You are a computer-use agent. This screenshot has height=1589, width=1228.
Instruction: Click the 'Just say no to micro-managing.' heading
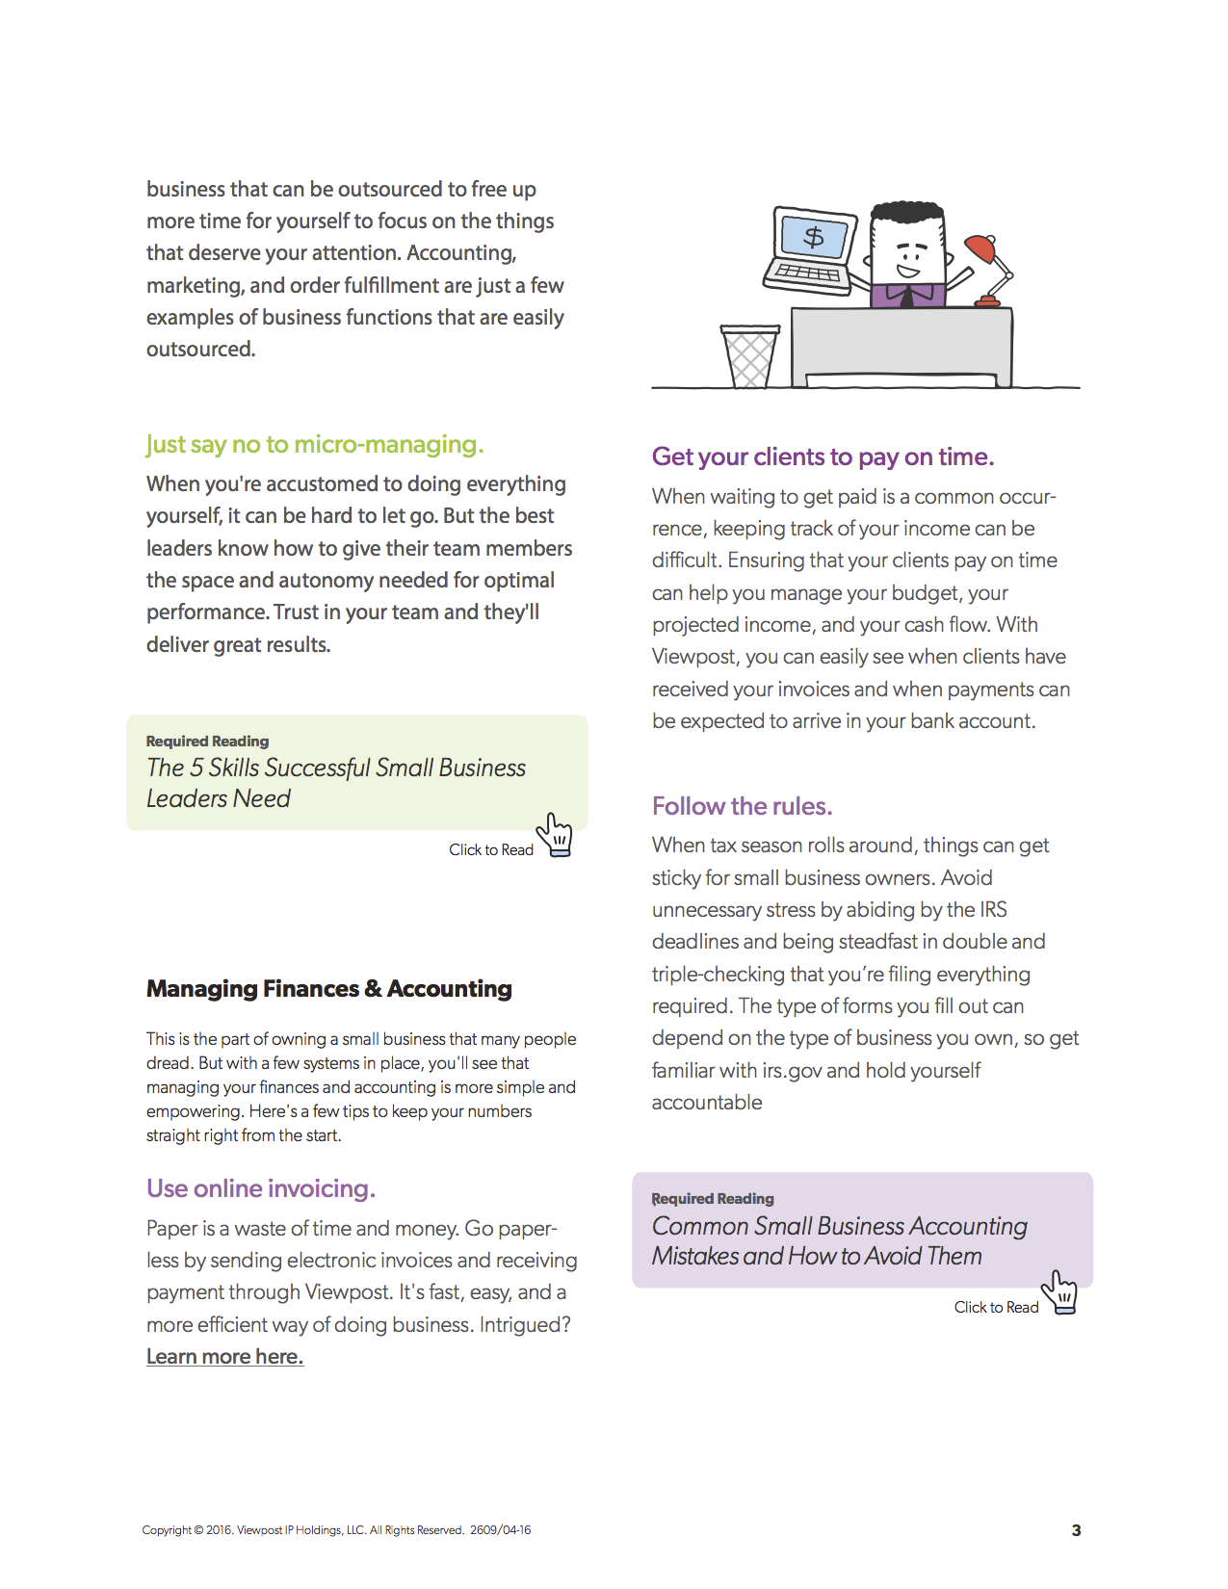[315, 445]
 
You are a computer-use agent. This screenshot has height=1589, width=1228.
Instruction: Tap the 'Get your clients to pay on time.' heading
[823, 456]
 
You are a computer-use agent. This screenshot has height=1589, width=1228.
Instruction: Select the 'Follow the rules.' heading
[742, 806]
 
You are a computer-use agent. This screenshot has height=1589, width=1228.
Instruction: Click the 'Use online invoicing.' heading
[260, 1188]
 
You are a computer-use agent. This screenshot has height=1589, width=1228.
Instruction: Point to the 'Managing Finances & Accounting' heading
[328, 989]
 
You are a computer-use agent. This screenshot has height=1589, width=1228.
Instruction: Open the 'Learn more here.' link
[224, 1357]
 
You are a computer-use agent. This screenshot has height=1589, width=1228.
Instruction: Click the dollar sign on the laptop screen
[814, 237]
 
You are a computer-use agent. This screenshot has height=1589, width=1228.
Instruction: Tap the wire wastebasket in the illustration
[749, 356]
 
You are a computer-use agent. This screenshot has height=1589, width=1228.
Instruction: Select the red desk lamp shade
[980, 248]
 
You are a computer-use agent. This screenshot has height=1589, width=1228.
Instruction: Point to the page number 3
[1076, 1530]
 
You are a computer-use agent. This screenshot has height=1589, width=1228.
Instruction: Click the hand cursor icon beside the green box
[556, 834]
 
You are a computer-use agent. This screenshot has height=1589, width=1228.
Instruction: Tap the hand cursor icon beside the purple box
[1060, 1291]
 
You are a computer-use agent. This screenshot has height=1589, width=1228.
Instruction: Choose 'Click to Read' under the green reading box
[490, 849]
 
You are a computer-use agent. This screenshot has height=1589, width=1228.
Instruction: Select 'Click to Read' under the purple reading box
[996, 1307]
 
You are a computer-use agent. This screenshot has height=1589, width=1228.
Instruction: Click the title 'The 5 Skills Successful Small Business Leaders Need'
[335, 783]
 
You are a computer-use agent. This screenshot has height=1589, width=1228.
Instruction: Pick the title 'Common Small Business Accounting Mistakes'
[839, 1240]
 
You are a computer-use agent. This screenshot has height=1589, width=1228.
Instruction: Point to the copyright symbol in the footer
[198, 1530]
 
